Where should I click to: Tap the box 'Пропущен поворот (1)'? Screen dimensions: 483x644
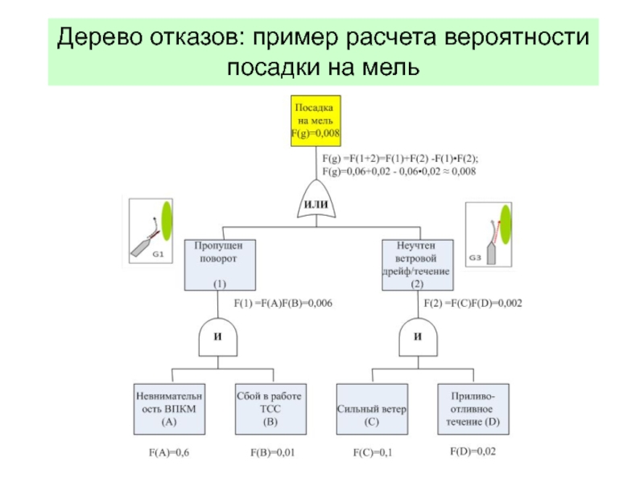pyautogui.click(x=220, y=264)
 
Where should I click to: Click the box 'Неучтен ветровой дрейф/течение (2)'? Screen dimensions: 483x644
pyautogui.click(x=417, y=264)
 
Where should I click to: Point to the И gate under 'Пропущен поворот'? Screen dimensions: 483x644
pyautogui.click(x=218, y=338)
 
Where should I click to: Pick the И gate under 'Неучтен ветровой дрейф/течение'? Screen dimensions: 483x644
pyautogui.click(x=418, y=338)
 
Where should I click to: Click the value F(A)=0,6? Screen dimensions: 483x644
pyautogui.click(x=169, y=453)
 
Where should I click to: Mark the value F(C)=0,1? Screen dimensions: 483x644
pyautogui.click(x=373, y=453)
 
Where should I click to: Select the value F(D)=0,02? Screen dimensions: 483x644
pyautogui.click(x=473, y=452)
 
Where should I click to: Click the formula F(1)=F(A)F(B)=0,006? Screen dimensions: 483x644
pyautogui.click(x=283, y=303)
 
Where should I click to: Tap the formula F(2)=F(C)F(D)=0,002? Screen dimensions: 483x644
pyautogui.click(x=473, y=303)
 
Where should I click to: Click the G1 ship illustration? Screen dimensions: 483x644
pyautogui.click(x=152, y=229)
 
